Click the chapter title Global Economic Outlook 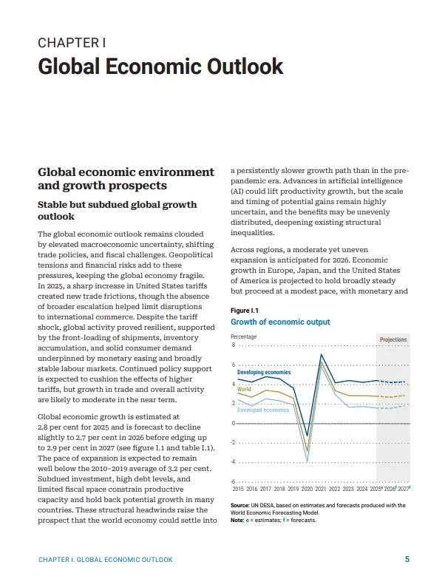click(160, 67)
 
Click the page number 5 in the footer click(407, 559)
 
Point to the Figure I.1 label click(244, 311)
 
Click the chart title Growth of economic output click(280, 322)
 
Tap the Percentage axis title click(244, 336)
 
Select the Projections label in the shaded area click(393, 340)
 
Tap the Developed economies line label click(262, 410)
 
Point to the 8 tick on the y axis click(233, 345)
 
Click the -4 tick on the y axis click(233, 462)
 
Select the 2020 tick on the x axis click(307, 489)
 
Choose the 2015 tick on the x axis click(238, 489)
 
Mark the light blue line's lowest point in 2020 click(307, 462)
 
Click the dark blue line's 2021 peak click(321, 355)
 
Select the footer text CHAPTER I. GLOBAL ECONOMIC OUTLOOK click(105, 560)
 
